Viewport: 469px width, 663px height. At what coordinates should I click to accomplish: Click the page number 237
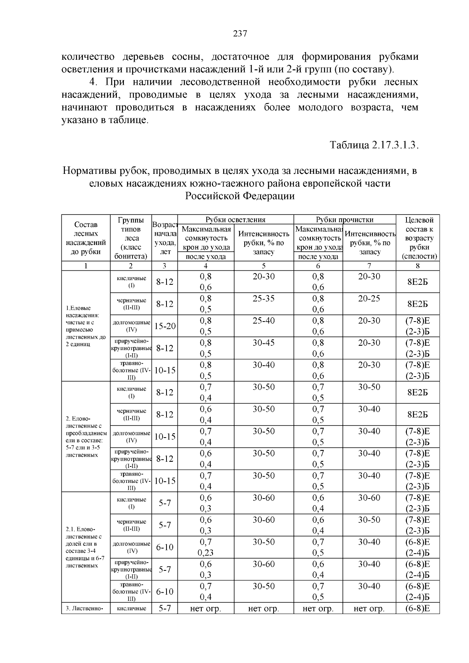point(240,34)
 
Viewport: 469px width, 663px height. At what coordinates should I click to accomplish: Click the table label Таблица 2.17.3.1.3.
point(374,145)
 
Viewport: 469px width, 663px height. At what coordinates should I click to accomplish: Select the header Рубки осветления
point(235,220)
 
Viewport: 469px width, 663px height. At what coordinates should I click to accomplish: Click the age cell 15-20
point(165,326)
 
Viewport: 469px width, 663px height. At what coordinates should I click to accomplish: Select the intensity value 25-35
point(263,299)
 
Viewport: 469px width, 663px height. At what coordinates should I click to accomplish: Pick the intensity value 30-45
point(263,343)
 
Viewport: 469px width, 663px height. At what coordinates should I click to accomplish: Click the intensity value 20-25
point(369,299)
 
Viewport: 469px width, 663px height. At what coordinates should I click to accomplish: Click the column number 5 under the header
point(263,266)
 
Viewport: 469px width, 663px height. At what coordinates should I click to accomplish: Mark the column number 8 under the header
point(417,266)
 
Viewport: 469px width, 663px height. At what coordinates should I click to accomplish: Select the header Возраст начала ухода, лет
point(165,238)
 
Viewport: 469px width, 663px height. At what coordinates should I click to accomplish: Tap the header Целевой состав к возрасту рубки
point(417,238)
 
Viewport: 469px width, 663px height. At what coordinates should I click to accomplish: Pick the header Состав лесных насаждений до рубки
point(86,238)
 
